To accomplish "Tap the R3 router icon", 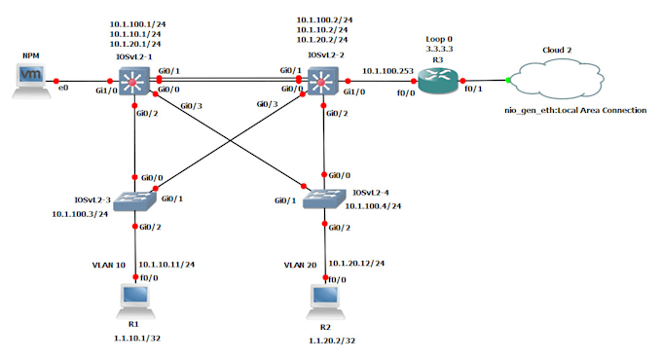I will pyautogui.click(x=437, y=81).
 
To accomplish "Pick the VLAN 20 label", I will pyautogui.click(x=301, y=264).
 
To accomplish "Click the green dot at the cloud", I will pyautogui.click(x=509, y=80).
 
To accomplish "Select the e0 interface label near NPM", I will pyautogui.click(x=64, y=89).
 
